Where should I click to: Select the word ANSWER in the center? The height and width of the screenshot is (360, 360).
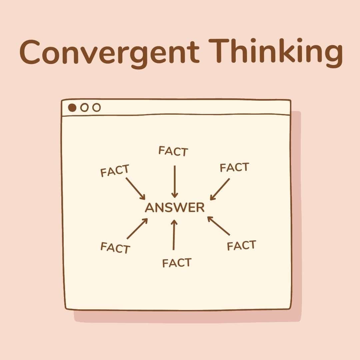(x=175, y=208)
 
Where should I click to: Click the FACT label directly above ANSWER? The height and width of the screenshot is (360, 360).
(x=173, y=151)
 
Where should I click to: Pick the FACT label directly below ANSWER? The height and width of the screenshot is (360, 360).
(x=177, y=263)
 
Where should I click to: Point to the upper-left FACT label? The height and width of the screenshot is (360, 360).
(x=115, y=171)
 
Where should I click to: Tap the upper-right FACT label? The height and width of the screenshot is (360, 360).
(x=234, y=167)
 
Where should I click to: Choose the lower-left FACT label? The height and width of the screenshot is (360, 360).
(x=115, y=248)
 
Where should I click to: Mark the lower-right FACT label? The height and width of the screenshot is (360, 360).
(x=241, y=246)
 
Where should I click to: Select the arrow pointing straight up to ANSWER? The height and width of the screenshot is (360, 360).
(x=173, y=235)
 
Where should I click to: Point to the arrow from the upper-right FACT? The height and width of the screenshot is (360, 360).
(x=220, y=189)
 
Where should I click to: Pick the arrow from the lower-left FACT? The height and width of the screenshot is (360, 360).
(x=137, y=229)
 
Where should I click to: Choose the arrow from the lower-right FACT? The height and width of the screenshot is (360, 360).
(x=219, y=226)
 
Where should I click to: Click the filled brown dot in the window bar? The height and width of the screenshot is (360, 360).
(x=72, y=108)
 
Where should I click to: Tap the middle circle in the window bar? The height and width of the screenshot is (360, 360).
(x=85, y=108)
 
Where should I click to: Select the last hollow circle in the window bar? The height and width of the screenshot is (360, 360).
(x=96, y=108)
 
